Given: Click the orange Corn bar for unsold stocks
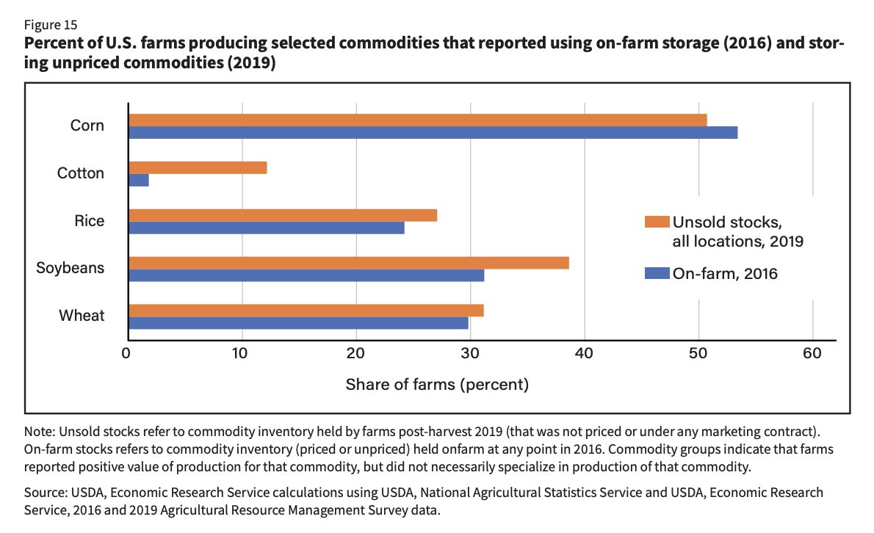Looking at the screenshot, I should coord(417,120).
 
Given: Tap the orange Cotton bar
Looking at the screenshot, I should coord(197,167).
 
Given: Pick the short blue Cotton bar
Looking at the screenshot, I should coord(138,180).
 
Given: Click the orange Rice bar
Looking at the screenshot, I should coord(282,215).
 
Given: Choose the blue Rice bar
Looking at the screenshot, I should coord(266,228).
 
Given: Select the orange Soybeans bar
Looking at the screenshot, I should coord(348,263).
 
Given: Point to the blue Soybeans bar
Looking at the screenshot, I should coord(306,275).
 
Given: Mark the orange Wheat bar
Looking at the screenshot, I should coord(306,311).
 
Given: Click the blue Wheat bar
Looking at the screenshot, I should coord(297,323).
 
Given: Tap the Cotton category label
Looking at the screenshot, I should coord(81,173).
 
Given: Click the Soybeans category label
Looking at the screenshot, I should coord(71,268).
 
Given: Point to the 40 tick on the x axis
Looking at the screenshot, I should coord(584,354).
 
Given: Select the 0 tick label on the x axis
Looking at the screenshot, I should coord(128,354).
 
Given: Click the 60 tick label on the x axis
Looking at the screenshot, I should coord(812,354).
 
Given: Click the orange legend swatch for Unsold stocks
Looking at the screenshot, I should coord(657,222).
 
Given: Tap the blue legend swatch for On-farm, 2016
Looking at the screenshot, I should coord(657,273).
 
